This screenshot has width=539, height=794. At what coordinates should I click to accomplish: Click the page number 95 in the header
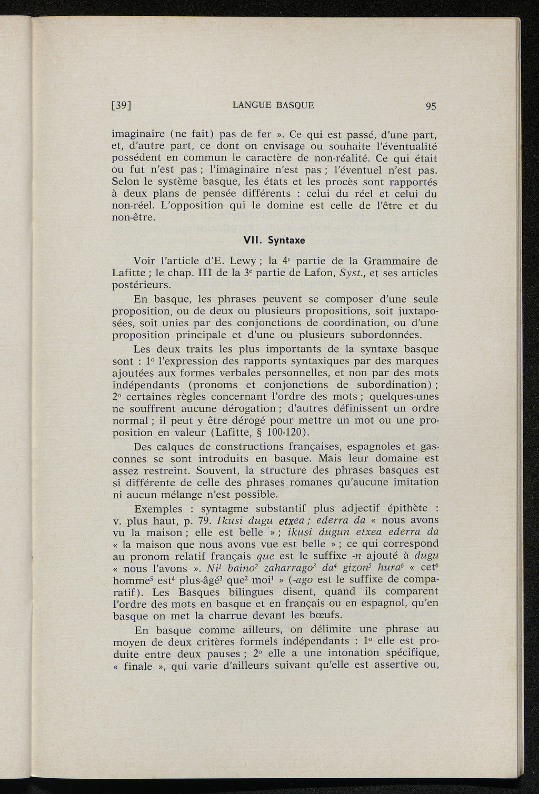[x=431, y=106]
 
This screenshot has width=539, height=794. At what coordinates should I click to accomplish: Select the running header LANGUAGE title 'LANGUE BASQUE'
[x=273, y=105]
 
